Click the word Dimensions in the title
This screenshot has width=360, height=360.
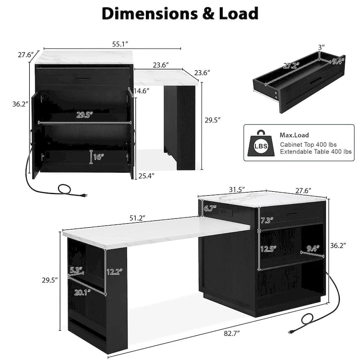point(149,13)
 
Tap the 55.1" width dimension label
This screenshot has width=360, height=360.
point(120,44)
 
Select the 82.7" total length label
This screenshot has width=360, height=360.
point(232,333)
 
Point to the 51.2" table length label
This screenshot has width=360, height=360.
point(137,218)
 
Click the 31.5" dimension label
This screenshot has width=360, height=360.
point(237,190)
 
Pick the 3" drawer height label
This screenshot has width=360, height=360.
point(321,47)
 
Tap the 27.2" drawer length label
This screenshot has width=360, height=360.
point(291,66)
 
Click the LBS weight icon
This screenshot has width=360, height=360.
point(261,143)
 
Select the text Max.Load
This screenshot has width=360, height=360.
point(294,135)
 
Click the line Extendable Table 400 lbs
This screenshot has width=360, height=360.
point(316,152)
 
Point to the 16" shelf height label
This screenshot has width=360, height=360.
point(99,157)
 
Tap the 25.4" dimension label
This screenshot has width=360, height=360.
point(146,176)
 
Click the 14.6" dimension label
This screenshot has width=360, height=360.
point(141,91)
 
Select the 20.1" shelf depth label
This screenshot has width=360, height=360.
point(82,293)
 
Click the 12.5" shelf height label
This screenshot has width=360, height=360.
point(268,249)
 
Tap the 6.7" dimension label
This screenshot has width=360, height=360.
point(210,208)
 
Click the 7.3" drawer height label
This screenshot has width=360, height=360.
point(267,220)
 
